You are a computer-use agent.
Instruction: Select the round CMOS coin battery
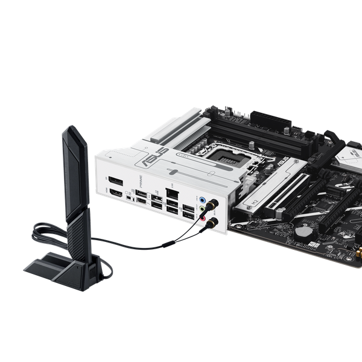tap(305, 230)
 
